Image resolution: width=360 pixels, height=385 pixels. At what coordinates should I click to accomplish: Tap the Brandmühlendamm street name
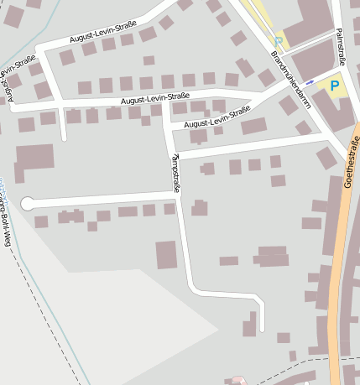[291, 87]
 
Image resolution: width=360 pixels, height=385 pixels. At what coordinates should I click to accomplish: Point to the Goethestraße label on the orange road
[350, 165]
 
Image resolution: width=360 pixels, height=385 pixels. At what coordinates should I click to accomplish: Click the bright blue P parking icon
[335, 86]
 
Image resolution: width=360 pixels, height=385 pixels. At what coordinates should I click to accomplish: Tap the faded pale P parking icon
[279, 40]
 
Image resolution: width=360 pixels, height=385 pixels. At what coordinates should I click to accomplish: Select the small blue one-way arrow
[310, 82]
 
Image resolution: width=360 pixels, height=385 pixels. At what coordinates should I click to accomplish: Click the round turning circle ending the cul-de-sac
[27, 203]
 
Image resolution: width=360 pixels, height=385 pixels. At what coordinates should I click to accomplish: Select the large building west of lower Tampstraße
[167, 254]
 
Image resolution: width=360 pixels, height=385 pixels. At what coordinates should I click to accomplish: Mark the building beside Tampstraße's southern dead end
[249, 325]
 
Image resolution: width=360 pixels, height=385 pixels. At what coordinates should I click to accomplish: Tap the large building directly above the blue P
[313, 60]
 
